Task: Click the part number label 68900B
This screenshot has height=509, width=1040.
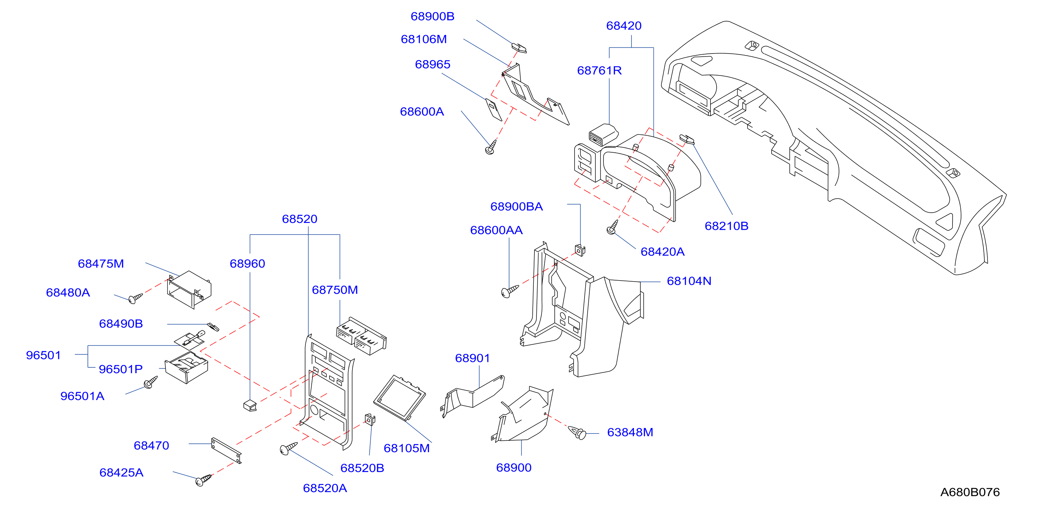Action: pyautogui.click(x=432, y=16)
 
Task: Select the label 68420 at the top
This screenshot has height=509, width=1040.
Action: pyautogui.click(x=624, y=26)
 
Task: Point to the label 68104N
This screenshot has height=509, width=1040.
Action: pyautogui.click(x=689, y=281)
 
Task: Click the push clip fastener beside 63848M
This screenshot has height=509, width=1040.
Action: pyautogui.click(x=578, y=433)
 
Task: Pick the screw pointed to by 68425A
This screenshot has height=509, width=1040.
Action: pyautogui.click(x=203, y=480)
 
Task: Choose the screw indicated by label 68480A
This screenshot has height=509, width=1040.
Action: pyautogui.click(x=135, y=298)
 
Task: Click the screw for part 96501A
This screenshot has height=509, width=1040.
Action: pyautogui.click(x=151, y=382)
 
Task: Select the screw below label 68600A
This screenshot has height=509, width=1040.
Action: pyautogui.click(x=491, y=147)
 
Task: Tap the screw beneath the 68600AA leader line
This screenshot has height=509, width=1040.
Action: pyautogui.click(x=509, y=291)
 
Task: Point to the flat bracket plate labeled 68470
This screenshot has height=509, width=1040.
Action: pyautogui.click(x=226, y=450)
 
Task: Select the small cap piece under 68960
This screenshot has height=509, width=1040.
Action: pyautogui.click(x=250, y=405)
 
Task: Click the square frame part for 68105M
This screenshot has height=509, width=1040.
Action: pyautogui.click(x=399, y=398)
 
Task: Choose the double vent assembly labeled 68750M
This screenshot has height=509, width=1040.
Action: pyautogui.click(x=361, y=335)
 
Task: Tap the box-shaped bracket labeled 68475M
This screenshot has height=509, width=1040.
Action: pyautogui.click(x=189, y=289)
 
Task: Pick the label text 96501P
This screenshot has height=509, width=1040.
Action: pyautogui.click(x=121, y=369)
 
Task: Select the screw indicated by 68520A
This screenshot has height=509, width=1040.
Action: pyautogui.click(x=288, y=449)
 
